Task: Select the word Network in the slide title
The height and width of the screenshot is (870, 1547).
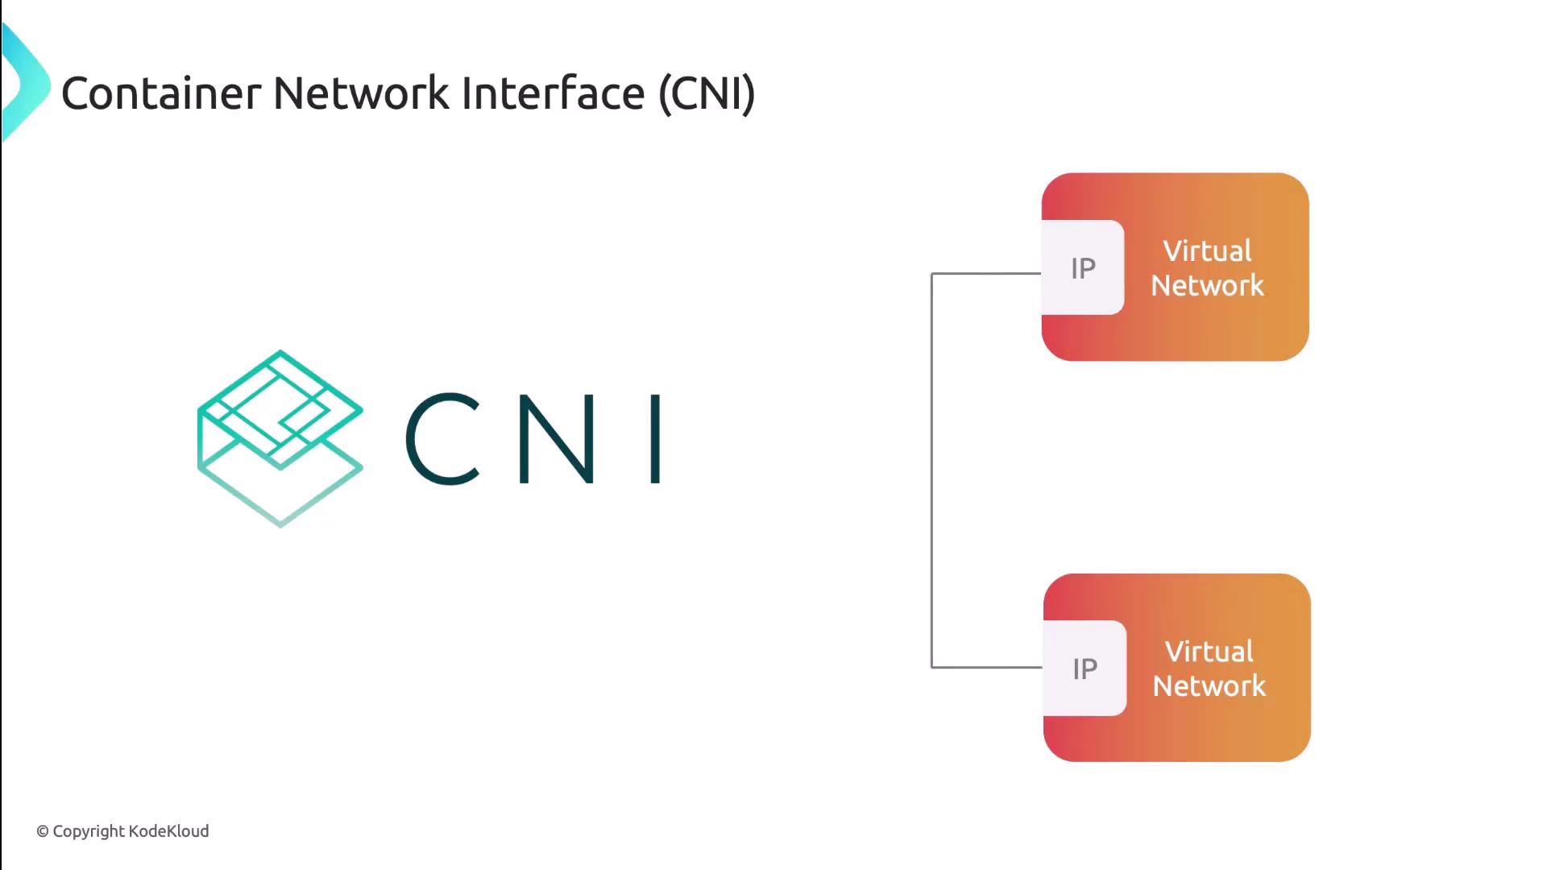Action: pos(361,93)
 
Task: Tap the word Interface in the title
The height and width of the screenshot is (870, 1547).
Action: pos(553,93)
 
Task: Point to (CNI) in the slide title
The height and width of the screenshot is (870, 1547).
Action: pos(707,93)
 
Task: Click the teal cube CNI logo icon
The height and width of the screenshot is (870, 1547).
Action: pos(280,438)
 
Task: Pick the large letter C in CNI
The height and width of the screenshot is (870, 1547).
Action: pos(442,439)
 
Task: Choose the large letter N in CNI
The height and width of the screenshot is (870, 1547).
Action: pos(557,439)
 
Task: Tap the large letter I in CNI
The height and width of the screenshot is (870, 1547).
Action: pos(656,439)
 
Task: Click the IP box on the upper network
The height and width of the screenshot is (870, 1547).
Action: pos(1083,268)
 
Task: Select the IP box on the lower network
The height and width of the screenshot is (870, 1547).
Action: pos(1085,669)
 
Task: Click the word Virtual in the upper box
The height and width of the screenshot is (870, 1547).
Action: pos(1207,251)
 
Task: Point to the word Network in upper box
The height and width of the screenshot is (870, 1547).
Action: pos(1207,286)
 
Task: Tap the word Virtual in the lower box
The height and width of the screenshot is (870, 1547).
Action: pos(1209,652)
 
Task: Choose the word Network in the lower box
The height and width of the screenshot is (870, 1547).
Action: pos(1209,686)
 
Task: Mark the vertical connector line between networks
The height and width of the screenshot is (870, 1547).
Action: pos(932,470)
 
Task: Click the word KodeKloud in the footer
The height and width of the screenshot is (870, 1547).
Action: pos(168,831)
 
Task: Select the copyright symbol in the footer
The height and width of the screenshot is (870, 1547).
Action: pos(43,831)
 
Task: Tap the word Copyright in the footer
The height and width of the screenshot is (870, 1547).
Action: pos(89,831)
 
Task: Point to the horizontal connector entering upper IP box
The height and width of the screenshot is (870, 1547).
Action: pos(986,274)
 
